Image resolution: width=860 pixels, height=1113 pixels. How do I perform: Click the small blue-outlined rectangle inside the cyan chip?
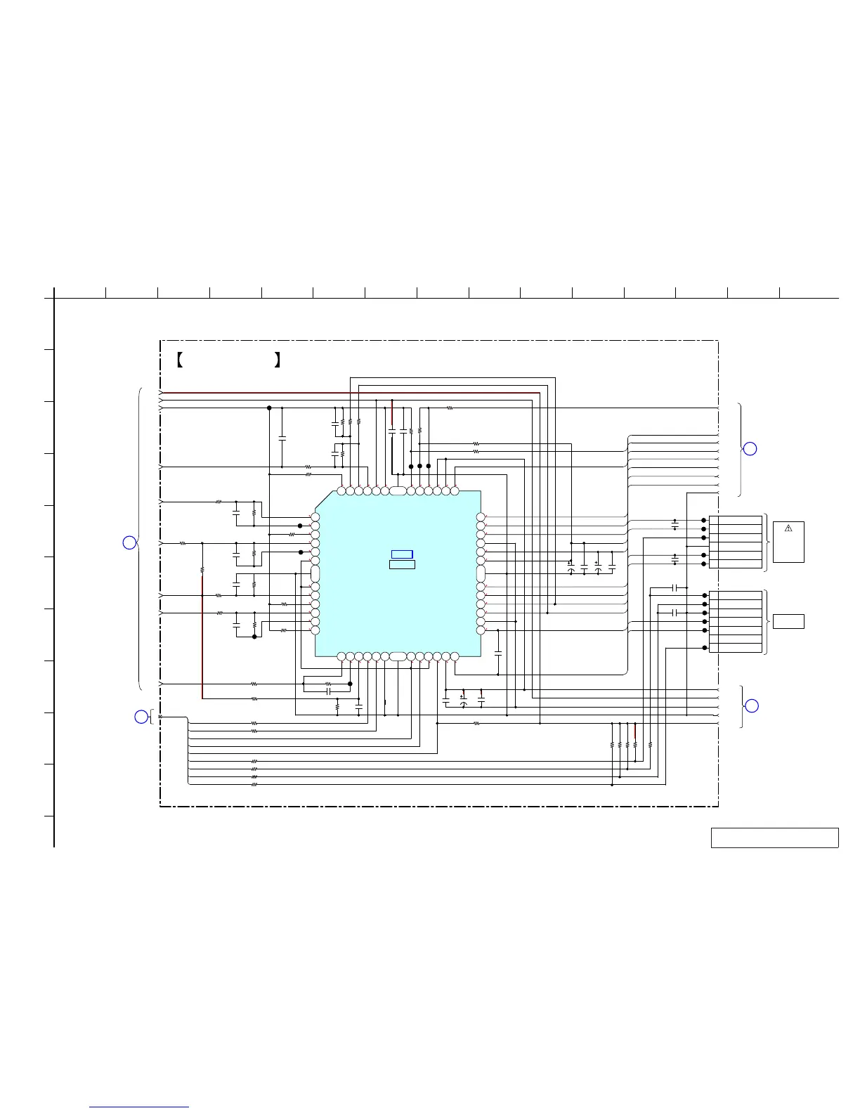[402, 554]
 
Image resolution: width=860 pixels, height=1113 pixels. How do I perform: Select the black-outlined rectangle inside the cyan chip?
[402, 564]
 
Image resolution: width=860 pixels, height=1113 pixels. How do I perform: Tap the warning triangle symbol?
[788, 528]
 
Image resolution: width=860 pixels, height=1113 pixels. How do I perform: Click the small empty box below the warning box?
[788, 621]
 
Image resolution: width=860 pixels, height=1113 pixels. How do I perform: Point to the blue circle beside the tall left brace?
[129, 542]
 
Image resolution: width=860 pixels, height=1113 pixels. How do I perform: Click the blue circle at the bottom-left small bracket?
[141, 717]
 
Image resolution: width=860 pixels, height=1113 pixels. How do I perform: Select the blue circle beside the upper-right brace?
[750, 448]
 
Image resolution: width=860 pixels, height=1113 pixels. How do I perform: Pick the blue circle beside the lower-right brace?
[751, 705]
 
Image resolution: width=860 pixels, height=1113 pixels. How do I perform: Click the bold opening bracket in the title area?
[179, 361]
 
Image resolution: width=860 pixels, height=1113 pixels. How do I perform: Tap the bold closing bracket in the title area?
[278, 361]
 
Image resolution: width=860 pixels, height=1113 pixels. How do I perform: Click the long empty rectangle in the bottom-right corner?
[774, 838]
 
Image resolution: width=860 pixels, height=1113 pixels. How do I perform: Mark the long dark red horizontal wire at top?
[351, 393]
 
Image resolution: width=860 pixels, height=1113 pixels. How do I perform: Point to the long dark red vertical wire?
[202, 632]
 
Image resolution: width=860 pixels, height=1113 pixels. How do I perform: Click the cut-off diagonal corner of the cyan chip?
[323, 499]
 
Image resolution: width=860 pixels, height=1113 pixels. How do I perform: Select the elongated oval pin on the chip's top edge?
[398, 490]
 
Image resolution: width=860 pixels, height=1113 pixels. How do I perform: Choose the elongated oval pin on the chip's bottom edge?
[398, 657]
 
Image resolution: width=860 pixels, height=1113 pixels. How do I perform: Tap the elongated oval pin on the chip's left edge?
[315, 573]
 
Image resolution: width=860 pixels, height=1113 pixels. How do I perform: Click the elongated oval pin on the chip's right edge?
[481, 573]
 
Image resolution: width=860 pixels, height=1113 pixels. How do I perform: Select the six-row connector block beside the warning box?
[736, 542]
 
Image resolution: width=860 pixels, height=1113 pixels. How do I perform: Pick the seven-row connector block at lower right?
[736, 622]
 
